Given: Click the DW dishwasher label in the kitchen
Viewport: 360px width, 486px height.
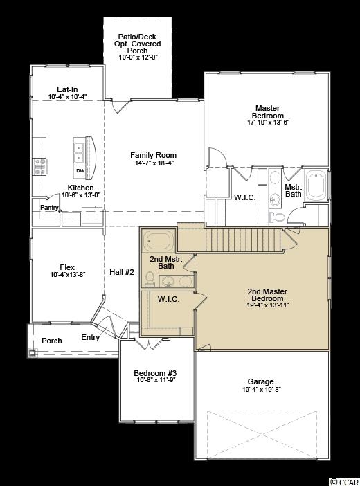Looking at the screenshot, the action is (x=80, y=171).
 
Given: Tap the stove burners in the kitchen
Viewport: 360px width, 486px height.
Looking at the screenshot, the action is (x=40, y=167).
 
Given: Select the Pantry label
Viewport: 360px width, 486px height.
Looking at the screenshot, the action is (x=49, y=208).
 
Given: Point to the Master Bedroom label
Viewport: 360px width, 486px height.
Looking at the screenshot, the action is (x=268, y=111).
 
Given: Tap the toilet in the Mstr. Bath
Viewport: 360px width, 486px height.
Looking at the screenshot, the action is (x=277, y=217).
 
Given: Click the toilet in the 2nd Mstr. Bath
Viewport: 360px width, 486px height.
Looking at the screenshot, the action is (x=150, y=278).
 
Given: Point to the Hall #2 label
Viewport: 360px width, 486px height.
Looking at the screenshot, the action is (x=122, y=272).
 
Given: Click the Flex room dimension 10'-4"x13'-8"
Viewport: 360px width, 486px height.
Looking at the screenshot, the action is (x=68, y=274).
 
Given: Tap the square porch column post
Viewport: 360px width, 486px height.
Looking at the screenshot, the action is (x=33, y=352).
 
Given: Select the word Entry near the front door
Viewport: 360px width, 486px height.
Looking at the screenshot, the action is (x=90, y=338).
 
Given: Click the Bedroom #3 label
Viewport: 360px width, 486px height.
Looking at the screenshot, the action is (x=155, y=373).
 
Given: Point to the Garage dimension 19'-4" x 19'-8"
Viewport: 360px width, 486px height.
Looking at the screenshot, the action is (x=262, y=390).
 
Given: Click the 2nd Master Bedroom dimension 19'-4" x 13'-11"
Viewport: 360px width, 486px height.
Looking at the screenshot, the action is (x=268, y=305).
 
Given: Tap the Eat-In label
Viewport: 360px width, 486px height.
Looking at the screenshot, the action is (x=67, y=89).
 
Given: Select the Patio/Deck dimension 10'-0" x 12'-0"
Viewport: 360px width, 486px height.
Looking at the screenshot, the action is (x=138, y=57).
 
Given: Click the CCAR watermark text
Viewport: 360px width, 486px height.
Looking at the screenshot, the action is (x=348, y=482).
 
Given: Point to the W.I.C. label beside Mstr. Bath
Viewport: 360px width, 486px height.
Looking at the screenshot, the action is (x=245, y=197).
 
